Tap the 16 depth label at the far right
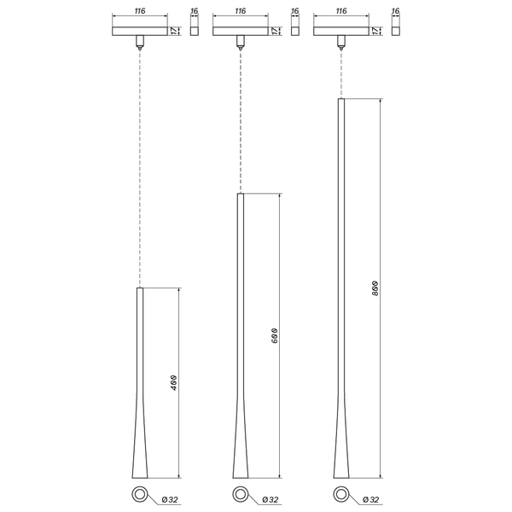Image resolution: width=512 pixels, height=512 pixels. tap(396, 12)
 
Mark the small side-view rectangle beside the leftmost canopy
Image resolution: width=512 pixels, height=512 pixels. tap(194, 32)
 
